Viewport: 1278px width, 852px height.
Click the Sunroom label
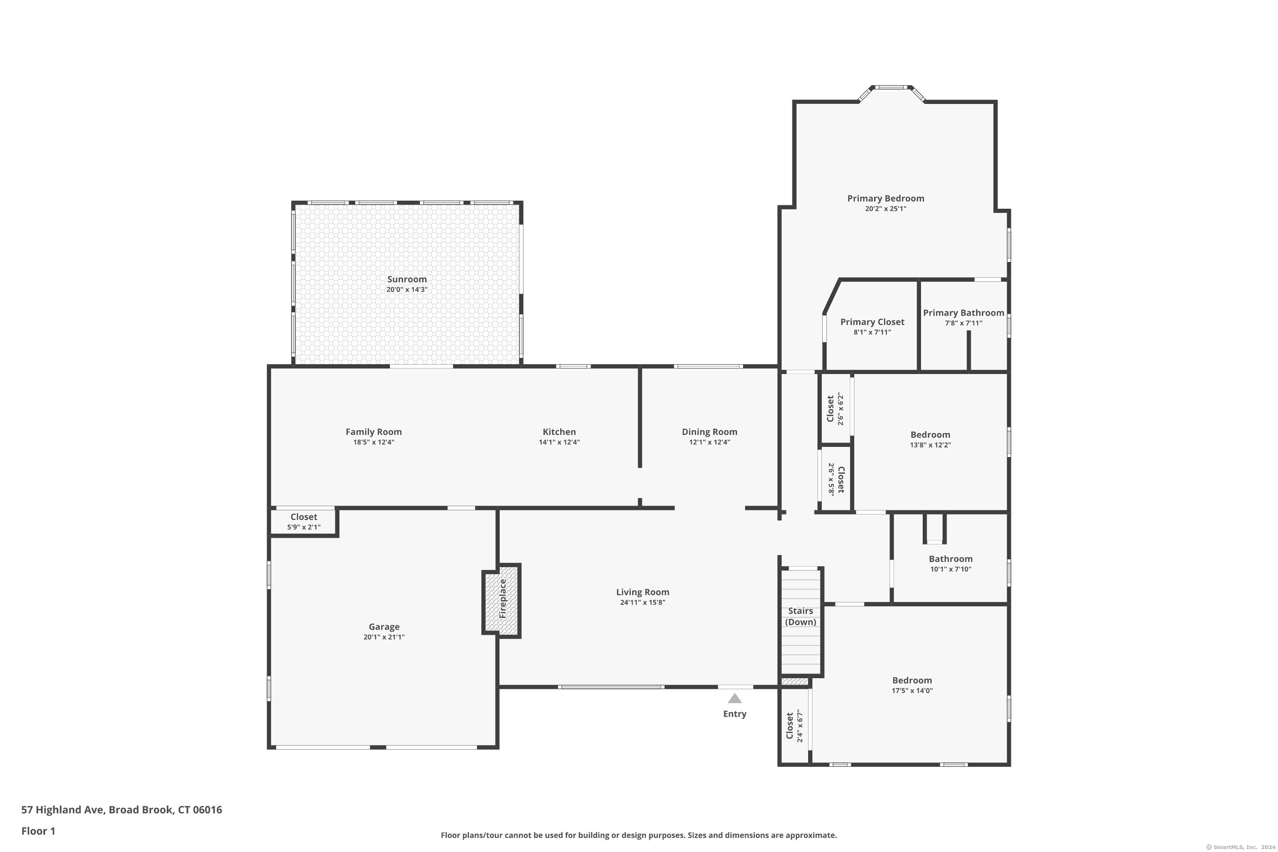(x=406, y=279)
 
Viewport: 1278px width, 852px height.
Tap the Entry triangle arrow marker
(x=734, y=698)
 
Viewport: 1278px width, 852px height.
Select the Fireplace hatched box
(x=501, y=600)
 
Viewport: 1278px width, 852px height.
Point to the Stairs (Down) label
(x=800, y=616)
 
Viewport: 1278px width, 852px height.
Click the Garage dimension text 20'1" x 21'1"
(x=384, y=637)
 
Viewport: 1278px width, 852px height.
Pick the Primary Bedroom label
(x=886, y=199)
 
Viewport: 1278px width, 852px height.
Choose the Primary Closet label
(x=872, y=322)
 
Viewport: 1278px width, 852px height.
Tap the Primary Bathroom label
(x=963, y=312)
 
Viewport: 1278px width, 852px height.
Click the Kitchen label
(x=559, y=432)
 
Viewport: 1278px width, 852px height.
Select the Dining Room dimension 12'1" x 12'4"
(x=710, y=442)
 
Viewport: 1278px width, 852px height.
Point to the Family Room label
(x=374, y=432)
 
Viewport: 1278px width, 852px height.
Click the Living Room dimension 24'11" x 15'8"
(x=643, y=602)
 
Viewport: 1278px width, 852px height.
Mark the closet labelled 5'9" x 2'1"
(x=304, y=521)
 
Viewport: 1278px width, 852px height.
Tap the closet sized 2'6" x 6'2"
(x=835, y=409)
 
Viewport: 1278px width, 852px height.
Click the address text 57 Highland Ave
(x=63, y=810)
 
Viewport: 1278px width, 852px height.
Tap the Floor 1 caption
(x=38, y=831)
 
